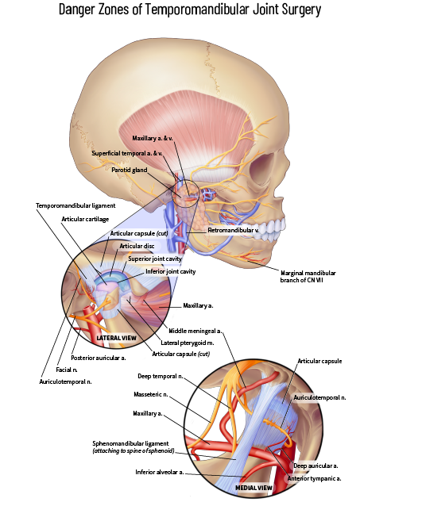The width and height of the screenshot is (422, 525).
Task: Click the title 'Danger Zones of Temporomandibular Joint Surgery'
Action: point(190,10)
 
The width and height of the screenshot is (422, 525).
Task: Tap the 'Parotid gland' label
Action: point(130,170)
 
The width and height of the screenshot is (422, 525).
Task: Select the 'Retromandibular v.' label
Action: point(233,230)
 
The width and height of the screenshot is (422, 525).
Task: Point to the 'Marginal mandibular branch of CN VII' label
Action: point(308,277)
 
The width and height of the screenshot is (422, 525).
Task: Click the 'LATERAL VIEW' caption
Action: point(116,338)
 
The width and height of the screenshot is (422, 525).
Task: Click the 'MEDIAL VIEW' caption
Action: point(254,488)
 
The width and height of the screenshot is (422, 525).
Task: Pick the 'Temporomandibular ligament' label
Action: point(75,205)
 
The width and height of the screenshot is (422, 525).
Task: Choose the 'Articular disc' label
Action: point(137,246)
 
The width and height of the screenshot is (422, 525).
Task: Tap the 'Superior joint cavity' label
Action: point(155,259)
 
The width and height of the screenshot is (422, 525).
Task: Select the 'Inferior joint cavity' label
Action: point(170,271)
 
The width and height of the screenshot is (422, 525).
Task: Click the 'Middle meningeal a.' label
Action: point(196,331)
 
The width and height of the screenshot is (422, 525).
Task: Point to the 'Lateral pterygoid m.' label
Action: point(188,343)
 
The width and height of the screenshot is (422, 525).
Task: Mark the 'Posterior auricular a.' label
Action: point(99,358)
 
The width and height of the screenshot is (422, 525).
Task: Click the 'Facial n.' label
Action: point(67,370)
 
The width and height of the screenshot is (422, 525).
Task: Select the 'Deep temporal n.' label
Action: point(161,377)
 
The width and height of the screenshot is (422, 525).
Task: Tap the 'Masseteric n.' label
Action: point(151,394)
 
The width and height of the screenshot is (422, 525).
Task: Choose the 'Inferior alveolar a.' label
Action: point(159,472)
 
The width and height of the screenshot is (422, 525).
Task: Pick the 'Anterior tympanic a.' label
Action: point(314,478)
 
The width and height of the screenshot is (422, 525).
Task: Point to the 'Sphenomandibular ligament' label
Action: point(130,443)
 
